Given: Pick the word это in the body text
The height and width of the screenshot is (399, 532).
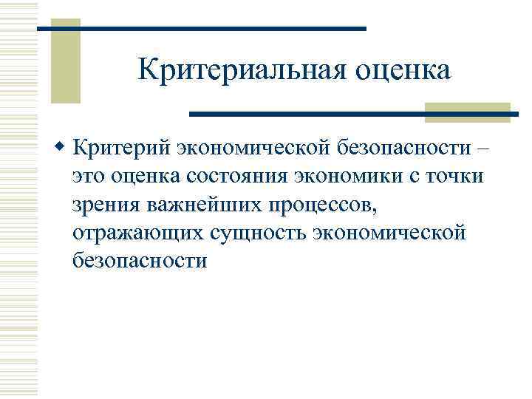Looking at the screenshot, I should (92, 177).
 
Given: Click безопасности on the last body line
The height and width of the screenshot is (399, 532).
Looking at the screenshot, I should (140, 262).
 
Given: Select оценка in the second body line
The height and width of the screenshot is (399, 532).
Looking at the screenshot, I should (150, 177).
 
